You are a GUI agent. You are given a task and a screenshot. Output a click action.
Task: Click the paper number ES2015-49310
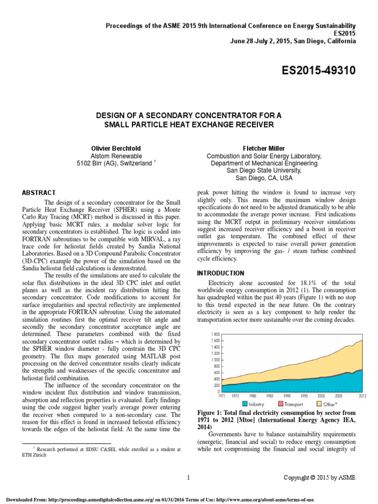tap(312, 72)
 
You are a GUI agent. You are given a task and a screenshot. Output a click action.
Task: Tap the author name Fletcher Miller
tap(264, 148)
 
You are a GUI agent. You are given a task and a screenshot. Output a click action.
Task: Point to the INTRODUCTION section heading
tap(220, 273)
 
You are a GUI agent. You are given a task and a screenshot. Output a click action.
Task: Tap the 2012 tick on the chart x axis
tap(362, 396)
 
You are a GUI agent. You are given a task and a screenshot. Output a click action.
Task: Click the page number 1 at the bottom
tap(189, 477)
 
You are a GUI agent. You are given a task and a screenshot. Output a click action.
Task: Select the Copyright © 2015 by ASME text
tap(319, 477)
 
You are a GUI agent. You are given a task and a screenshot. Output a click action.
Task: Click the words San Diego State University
tap(264, 170)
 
